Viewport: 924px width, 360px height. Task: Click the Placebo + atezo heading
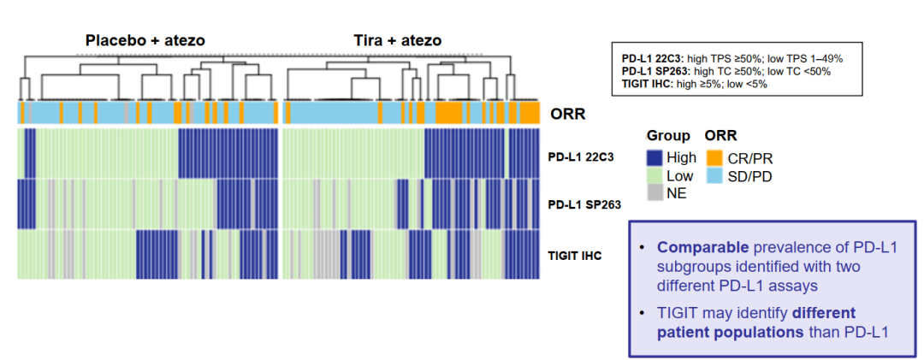coord(145,40)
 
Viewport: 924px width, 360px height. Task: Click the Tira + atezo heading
coord(398,40)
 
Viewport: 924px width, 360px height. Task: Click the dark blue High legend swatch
coord(654,157)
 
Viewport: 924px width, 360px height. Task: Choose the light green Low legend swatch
coord(654,175)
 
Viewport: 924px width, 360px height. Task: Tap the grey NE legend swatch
coord(654,192)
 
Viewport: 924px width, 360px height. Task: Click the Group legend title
coord(667,136)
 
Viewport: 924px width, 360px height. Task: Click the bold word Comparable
coord(701,248)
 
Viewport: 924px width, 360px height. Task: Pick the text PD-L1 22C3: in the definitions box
coord(653,58)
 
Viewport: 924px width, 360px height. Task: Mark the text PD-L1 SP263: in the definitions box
coord(657,71)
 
